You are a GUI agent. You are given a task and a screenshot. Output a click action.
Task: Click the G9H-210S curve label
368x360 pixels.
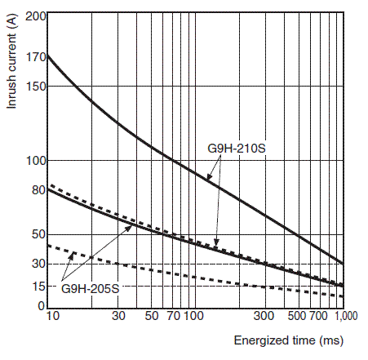pos(237,149)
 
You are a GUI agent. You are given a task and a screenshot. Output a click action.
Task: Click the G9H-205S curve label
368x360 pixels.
pos(91,288)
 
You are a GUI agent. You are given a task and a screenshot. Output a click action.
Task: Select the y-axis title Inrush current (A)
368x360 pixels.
pos(11,60)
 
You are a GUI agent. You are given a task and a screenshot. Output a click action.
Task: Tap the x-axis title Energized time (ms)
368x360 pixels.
pos(289,340)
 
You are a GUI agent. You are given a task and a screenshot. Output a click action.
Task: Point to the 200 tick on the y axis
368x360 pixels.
pos(36,16)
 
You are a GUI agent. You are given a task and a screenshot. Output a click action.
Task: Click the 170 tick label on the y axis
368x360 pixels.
pos(36,57)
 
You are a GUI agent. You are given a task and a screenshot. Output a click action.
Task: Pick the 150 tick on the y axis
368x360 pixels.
pos(36,87)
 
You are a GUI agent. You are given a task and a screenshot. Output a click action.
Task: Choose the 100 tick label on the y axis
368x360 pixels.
pos(36,161)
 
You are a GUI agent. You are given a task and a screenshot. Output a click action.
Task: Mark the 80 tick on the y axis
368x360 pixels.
pos(38,190)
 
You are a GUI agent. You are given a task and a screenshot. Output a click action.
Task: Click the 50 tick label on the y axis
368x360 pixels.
pos(38,234)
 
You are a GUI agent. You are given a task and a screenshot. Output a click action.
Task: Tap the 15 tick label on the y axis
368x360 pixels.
pos(38,287)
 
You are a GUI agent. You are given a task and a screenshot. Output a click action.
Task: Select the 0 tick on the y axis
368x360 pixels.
pos(42,306)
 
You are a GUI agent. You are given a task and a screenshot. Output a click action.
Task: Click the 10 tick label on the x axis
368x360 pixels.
pos(52,316)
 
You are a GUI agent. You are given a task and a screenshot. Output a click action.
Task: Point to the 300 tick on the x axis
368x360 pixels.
pos(264,316)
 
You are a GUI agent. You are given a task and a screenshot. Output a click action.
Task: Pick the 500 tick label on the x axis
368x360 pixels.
pos(297,316)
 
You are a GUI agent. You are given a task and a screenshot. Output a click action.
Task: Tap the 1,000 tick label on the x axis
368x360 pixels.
pos(346,316)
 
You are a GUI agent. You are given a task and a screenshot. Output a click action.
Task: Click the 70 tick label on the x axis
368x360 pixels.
pos(174,316)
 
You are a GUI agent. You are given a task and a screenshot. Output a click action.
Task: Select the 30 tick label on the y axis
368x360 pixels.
pos(38,264)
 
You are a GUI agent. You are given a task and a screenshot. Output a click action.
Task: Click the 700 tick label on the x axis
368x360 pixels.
pos(318,316)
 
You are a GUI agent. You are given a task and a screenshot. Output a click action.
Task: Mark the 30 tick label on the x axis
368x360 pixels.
pos(118,316)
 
